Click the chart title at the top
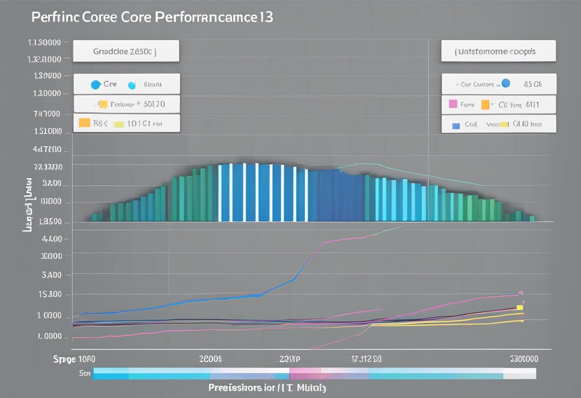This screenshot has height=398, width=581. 152,17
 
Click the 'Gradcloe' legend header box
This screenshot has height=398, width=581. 126,51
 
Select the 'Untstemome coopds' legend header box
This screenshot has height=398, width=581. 498,51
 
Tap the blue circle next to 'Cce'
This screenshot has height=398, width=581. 96,84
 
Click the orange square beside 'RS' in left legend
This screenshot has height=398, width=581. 84,123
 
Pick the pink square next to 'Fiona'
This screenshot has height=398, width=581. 453,104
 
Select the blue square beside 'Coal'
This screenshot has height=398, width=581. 456,125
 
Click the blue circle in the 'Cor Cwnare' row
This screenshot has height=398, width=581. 506,84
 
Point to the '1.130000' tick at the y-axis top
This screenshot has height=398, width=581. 44,42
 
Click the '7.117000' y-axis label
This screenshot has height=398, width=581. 47,114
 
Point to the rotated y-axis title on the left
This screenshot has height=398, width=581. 28,205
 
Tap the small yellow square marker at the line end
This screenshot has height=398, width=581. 520,308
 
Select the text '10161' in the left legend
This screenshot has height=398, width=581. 139,123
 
